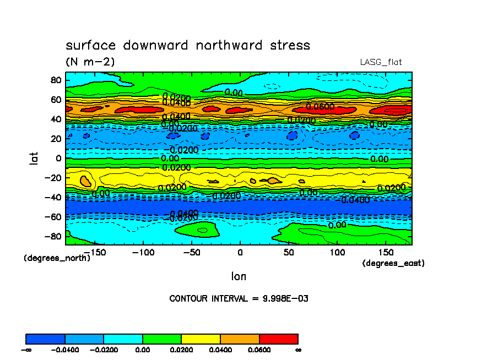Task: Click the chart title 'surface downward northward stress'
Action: point(188,45)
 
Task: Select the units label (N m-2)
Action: point(90,62)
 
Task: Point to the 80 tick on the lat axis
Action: point(55,79)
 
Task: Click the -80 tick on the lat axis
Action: point(53,237)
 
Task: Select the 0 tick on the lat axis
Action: point(58,158)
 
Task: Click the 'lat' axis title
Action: point(34,159)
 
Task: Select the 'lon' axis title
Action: point(239,276)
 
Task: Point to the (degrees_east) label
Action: point(393,264)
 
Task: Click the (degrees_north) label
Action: point(57,258)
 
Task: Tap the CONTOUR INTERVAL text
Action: point(239,299)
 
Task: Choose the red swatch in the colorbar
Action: point(278,339)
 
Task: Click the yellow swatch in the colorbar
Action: point(201,339)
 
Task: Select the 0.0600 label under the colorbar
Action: point(259,350)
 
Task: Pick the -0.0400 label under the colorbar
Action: point(65,350)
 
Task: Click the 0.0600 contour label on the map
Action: point(320,106)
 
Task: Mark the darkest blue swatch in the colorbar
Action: point(46,339)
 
